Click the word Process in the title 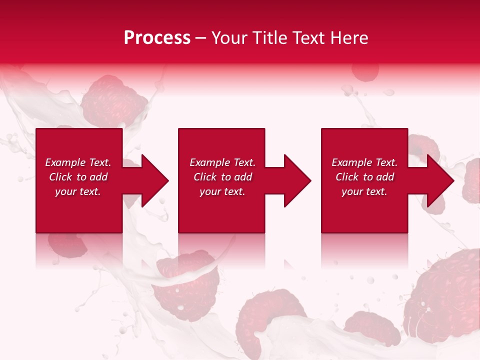click(x=157, y=38)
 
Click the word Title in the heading click(x=271, y=38)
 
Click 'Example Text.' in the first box click(x=78, y=162)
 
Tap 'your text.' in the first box click(x=78, y=191)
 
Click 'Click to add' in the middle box click(x=222, y=177)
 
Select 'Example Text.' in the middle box click(x=222, y=162)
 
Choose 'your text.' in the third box click(x=364, y=191)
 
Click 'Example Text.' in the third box click(x=364, y=162)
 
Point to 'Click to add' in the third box click(x=364, y=177)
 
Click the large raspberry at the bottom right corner click(x=442, y=300)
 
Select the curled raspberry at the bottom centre click(x=262, y=320)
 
